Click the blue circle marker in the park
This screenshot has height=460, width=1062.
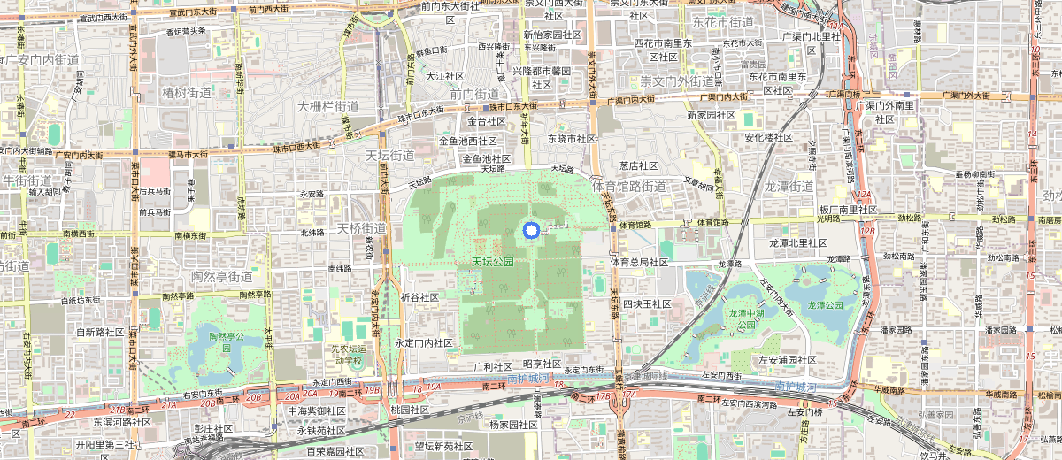click(531, 231)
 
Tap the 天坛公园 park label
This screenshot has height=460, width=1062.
click(493, 263)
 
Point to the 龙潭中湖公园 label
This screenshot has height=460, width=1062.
click(742, 318)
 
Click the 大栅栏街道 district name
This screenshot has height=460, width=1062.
click(327, 106)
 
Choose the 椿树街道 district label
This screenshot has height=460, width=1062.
click(187, 92)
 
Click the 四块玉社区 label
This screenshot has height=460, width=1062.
click(646, 303)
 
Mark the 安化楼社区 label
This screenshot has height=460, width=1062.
click(768, 138)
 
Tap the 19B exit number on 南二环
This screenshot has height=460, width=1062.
click(373, 390)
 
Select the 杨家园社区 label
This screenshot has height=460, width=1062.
click(507, 425)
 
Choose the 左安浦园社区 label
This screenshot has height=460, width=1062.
click(788, 360)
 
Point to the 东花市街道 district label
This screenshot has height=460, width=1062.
click(723, 22)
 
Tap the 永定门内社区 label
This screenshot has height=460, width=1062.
click(424, 342)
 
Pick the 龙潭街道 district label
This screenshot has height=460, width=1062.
click(788, 187)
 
